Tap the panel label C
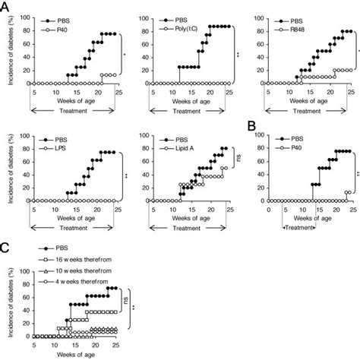click(x=5, y=247)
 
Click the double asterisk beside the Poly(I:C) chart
click(x=238, y=55)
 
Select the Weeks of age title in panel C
click(x=71, y=353)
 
